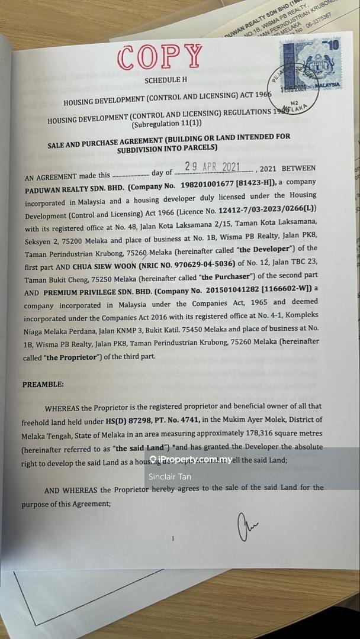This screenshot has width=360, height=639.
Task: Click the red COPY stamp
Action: click(160, 57)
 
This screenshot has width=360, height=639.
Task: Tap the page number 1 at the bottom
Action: click(172, 538)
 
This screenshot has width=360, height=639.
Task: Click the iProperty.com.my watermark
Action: click(191, 459)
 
